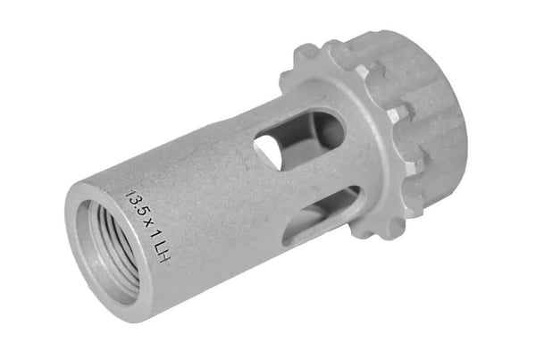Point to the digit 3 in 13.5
[135, 198]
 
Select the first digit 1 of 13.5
[130, 191]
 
